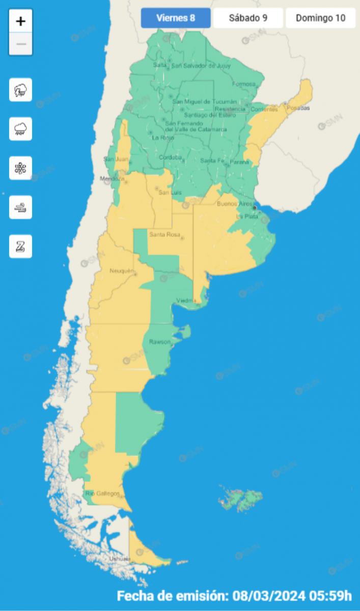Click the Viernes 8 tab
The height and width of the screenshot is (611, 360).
point(176,18)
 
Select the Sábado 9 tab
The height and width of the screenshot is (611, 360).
point(248,18)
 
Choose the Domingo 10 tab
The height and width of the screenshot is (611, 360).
point(320,18)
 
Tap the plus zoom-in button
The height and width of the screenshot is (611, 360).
point(21,21)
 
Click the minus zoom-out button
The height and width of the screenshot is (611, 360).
point(21,44)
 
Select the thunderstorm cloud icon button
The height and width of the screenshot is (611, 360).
point(21,90)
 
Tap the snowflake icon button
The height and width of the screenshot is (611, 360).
point(21,168)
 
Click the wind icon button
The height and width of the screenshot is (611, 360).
point(21,207)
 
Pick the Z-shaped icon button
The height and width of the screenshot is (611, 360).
point(21,246)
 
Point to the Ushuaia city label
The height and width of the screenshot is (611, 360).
point(120,559)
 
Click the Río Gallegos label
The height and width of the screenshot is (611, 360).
point(103,493)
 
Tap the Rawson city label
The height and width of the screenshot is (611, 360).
point(159,342)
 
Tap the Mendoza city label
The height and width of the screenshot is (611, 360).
point(112,179)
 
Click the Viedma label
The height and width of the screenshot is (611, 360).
point(185,300)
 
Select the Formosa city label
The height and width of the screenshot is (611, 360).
point(243,84)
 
